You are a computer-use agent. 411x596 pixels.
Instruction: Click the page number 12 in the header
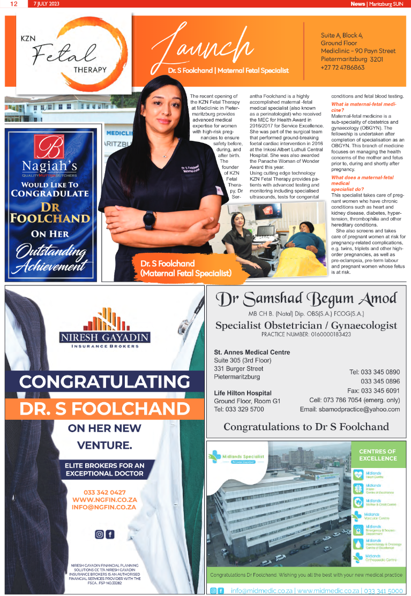tap(13, 4)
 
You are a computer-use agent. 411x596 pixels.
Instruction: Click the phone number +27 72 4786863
tap(342, 67)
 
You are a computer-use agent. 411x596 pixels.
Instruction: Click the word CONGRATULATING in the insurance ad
tap(104, 382)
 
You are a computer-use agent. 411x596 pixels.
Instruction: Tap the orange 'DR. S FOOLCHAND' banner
tap(104, 409)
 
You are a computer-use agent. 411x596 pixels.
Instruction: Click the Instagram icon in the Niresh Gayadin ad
tap(99, 534)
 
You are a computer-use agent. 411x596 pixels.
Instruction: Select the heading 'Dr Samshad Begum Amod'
tap(306, 299)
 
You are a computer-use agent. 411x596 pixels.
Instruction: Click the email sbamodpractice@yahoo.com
tap(349, 409)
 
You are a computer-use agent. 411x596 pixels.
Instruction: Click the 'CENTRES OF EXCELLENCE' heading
tap(378, 455)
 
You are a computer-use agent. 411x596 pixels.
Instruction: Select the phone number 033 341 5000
tap(383, 591)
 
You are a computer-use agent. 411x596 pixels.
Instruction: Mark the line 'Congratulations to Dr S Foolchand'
tap(306, 427)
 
